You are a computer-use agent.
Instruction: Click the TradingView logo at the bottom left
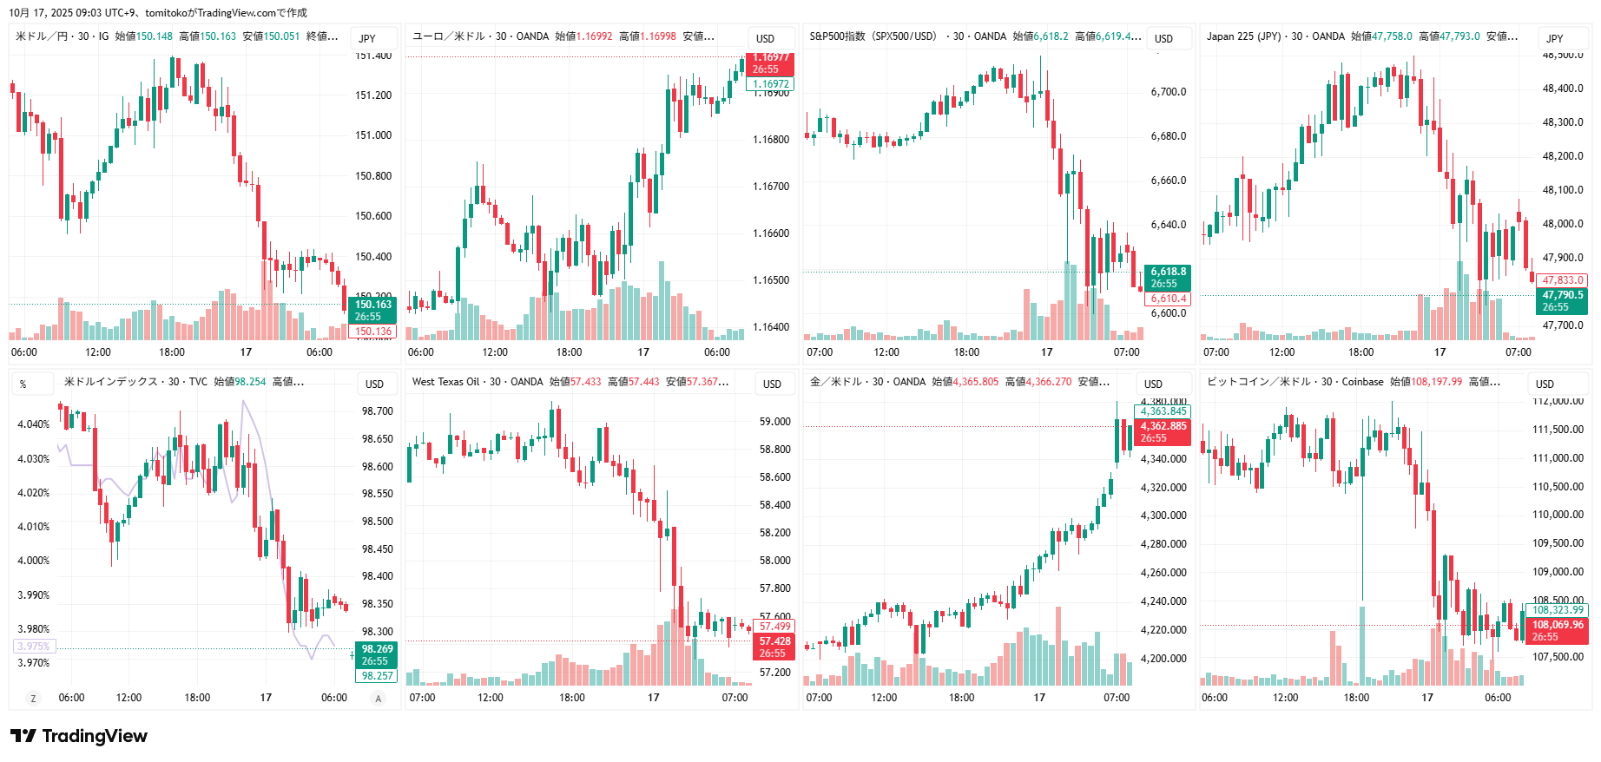pos(79,736)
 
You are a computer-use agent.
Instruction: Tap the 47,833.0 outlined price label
pos(1563,280)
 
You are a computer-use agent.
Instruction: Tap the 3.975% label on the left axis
pos(34,647)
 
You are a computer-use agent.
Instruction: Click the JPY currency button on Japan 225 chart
pos(1554,38)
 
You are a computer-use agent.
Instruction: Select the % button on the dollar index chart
pos(23,384)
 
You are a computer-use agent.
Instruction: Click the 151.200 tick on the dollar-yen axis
pos(373,95)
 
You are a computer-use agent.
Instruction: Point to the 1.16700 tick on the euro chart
pos(771,187)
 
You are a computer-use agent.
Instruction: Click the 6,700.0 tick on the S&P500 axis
pos(1168,92)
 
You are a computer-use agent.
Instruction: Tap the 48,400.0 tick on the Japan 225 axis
pos(1562,89)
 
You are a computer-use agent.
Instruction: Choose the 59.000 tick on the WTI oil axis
pos(774,422)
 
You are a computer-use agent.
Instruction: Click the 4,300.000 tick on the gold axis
pos(1163,516)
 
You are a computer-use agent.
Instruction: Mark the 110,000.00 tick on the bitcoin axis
pos(1557,515)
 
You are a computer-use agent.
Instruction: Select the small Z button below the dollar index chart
pos(33,699)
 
